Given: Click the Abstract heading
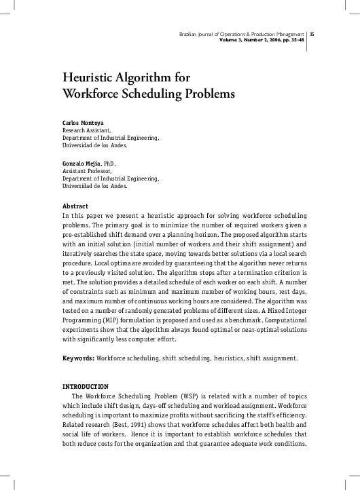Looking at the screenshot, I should (75, 206).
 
